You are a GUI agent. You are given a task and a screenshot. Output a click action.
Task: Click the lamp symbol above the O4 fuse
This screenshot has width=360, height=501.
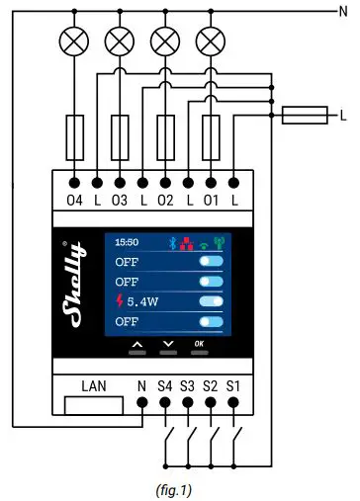click(x=75, y=42)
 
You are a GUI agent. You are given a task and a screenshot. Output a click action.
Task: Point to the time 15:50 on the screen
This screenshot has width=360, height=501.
click(x=127, y=241)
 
